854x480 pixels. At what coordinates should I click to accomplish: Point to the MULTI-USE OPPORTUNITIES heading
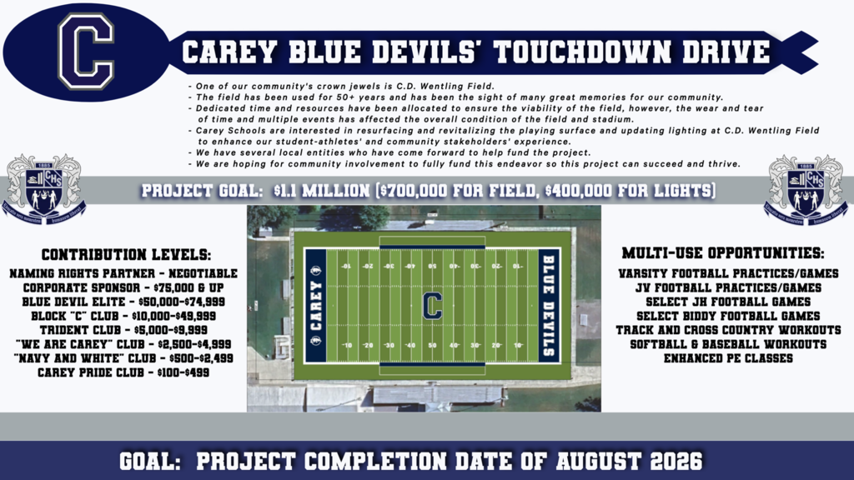[723, 252]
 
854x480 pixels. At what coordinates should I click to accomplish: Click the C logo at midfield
[431, 305]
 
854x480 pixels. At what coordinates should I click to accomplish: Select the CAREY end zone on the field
[315, 305]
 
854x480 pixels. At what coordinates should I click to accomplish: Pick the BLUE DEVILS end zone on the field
[548, 305]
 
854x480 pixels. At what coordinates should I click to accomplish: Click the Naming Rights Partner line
[123, 273]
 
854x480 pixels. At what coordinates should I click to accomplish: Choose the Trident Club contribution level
[123, 330]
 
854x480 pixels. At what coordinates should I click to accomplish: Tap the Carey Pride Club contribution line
[123, 372]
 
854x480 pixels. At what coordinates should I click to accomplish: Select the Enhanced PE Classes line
[727, 358]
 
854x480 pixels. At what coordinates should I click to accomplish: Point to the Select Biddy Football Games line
[727, 316]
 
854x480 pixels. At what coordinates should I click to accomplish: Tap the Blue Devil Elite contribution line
[123, 302]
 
